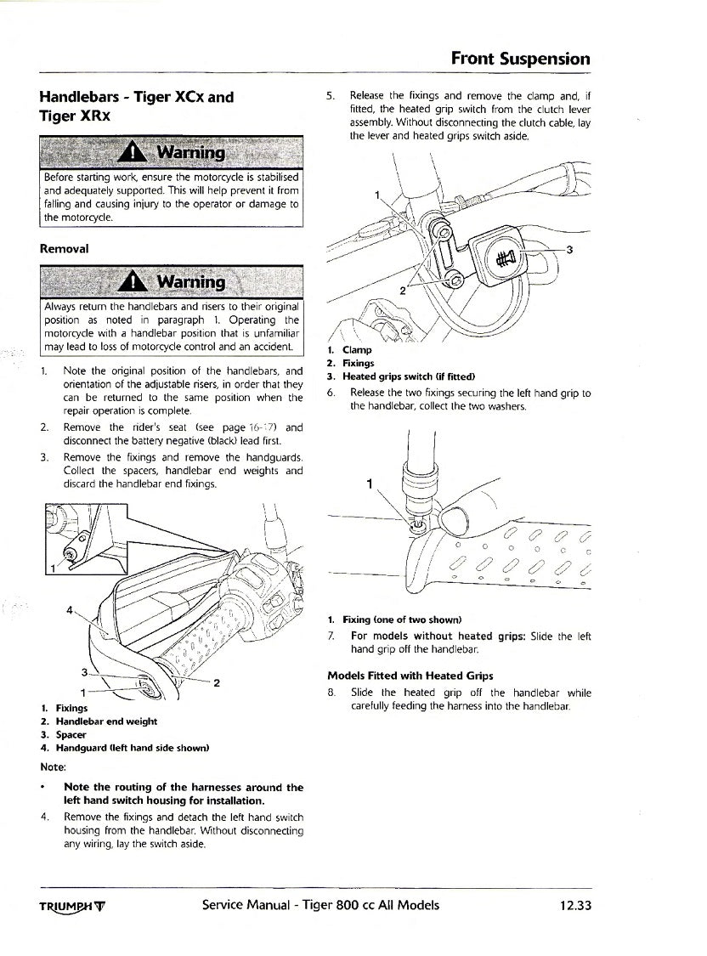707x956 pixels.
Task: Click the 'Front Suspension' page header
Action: pyautogui.click(x=520, y=59)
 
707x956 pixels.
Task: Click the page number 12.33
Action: pyautogui.click(x=575, y=905)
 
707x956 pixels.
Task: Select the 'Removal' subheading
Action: pyautogui.click(x=64, y=249)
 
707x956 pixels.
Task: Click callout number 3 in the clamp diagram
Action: pyautogui.click(x=569, y=249)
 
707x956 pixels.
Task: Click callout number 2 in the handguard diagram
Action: pyautogui.click(x=218, y=682)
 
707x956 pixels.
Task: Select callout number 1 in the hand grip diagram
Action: pyautogui.click(x=370, y=484)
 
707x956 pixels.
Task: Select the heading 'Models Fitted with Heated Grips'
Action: pyautogui.click(x=410, y=676)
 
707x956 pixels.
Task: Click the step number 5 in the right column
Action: pyautogui.click(x=331, y=96)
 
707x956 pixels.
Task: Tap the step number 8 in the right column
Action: pyautogui.click(x=331, y=693)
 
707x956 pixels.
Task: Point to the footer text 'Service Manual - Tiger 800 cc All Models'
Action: pyautogui.click(x=320, y=905)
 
